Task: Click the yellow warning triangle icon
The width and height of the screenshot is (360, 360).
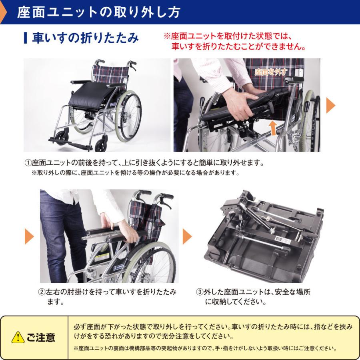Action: [18, 337]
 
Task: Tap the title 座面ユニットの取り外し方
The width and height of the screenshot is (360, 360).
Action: [99, 12]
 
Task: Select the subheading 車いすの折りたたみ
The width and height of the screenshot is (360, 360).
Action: [85, 38]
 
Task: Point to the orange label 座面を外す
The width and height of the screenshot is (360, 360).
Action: [271, 72]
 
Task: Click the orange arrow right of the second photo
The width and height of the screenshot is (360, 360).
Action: [330, 105]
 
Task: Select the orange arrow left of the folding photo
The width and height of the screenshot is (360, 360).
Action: [29, 236]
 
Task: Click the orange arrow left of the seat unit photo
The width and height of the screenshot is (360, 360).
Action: [187, 236]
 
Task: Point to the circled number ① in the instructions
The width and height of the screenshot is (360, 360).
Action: [28, 163]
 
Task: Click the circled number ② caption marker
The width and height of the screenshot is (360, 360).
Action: [41, 292]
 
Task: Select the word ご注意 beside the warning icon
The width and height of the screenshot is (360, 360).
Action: [41, 337]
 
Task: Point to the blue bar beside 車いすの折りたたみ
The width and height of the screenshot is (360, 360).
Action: [26, 38]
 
